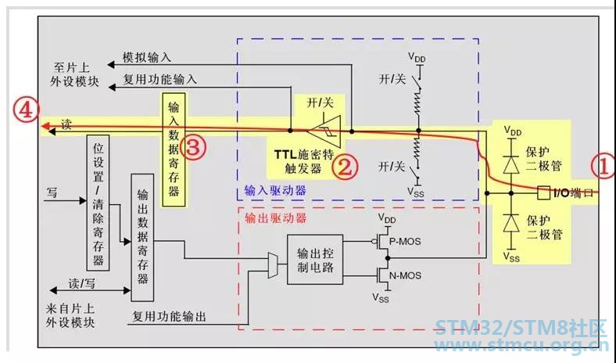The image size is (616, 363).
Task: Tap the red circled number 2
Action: coord(346,167)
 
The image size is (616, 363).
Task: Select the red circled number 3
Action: coord(195,148)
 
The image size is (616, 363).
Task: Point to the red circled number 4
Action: coord(26,110)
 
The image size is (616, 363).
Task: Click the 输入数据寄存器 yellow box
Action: coord(174,150)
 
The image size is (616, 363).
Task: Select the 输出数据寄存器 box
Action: coord(142,238)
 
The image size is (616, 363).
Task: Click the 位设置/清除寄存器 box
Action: coord(98,203)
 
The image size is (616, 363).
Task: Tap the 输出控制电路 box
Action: coord(315,260)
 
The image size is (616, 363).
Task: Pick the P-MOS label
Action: coord(405,241)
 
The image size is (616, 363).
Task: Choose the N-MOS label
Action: coord(405,275)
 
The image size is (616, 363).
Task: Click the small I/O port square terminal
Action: coord(544,192)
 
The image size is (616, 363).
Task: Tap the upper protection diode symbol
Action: coord(511,164)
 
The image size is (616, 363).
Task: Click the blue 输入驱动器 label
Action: coord(275,191)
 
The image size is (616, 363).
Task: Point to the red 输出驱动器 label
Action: coord(275,218)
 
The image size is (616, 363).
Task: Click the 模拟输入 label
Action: coord(147,57)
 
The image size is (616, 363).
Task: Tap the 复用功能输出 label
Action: coord(169,316)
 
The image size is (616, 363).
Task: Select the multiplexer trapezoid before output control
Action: coord(273,265)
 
